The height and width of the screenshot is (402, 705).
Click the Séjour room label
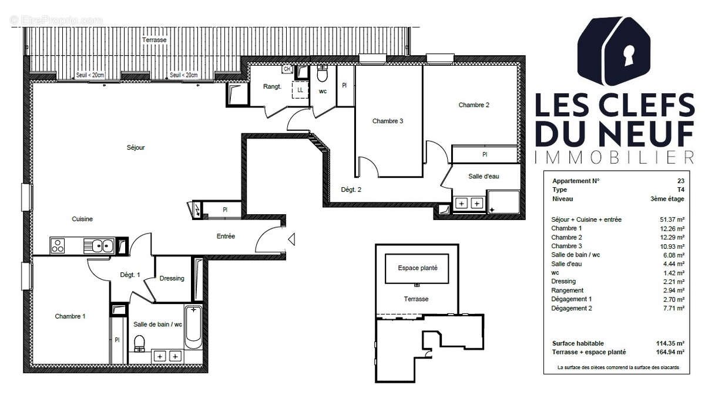pos(135,147)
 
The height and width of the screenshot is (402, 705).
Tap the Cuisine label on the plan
pos(82,219)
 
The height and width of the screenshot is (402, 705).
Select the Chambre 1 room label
pos(70,316)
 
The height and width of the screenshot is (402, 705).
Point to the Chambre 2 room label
pos(474,105)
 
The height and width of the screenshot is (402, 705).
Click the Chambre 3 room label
pos(388,121)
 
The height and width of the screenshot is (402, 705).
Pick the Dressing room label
pos(172,278)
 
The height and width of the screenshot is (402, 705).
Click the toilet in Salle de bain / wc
pos(139,343)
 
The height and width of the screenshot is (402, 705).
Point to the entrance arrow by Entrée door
pos(292,238)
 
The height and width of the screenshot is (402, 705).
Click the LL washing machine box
pos(300,90)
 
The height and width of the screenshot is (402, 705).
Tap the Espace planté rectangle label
pos(417,268)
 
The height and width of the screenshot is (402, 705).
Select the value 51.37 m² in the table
pos(672,219)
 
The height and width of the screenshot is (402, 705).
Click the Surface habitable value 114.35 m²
pos(672,343)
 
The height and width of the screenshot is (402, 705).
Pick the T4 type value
pos(680,190)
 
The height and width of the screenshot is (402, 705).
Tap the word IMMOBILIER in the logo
pos(614,157)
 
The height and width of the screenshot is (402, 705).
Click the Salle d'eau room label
pos(484,176)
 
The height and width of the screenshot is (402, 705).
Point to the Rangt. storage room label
pos(272,87)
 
